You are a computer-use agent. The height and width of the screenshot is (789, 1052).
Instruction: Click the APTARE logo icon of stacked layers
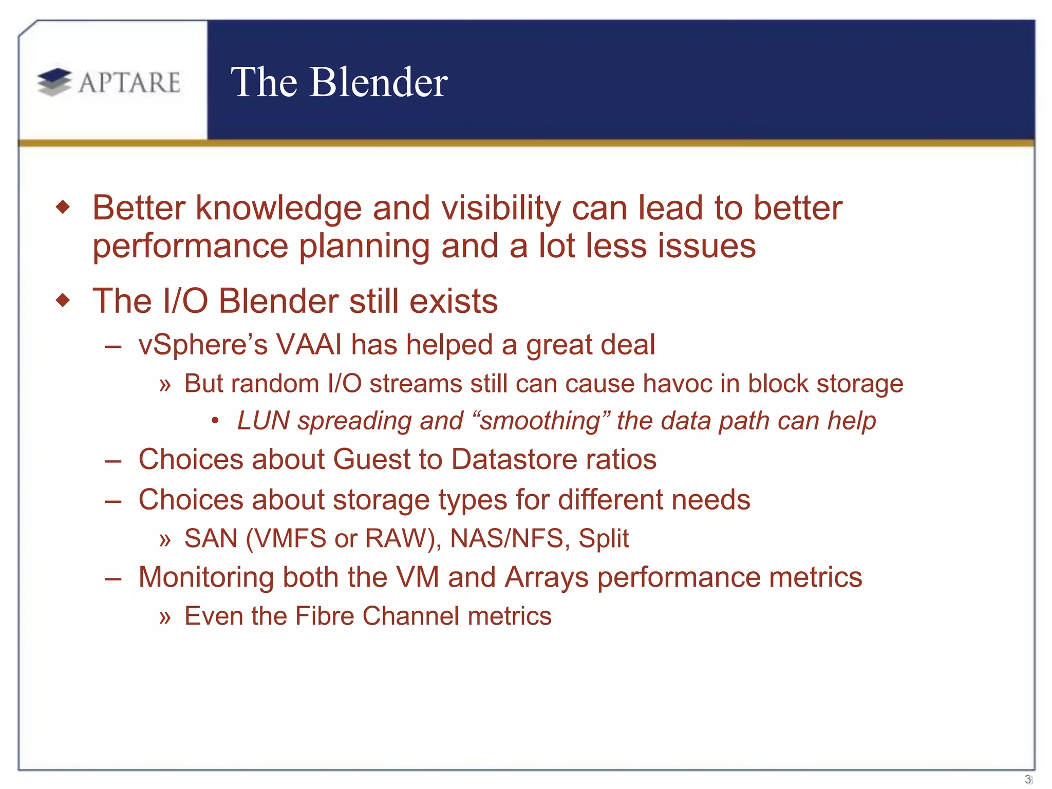[x=54, y=82]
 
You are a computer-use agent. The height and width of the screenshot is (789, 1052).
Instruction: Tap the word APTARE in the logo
[x=129, y=83]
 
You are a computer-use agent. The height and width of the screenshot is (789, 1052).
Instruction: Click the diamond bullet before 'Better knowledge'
[x=63, y=208]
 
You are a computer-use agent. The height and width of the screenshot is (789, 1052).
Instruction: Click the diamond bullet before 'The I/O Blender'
[x=63, y=300]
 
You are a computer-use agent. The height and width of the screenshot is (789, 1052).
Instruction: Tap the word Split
[x=604, y=538]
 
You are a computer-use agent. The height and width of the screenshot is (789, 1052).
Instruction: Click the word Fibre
[x=325, y=616]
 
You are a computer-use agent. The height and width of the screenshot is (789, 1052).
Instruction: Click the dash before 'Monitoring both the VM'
[x=113, y=578]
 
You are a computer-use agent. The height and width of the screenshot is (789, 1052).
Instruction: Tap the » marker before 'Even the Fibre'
[x=165, y=617]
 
